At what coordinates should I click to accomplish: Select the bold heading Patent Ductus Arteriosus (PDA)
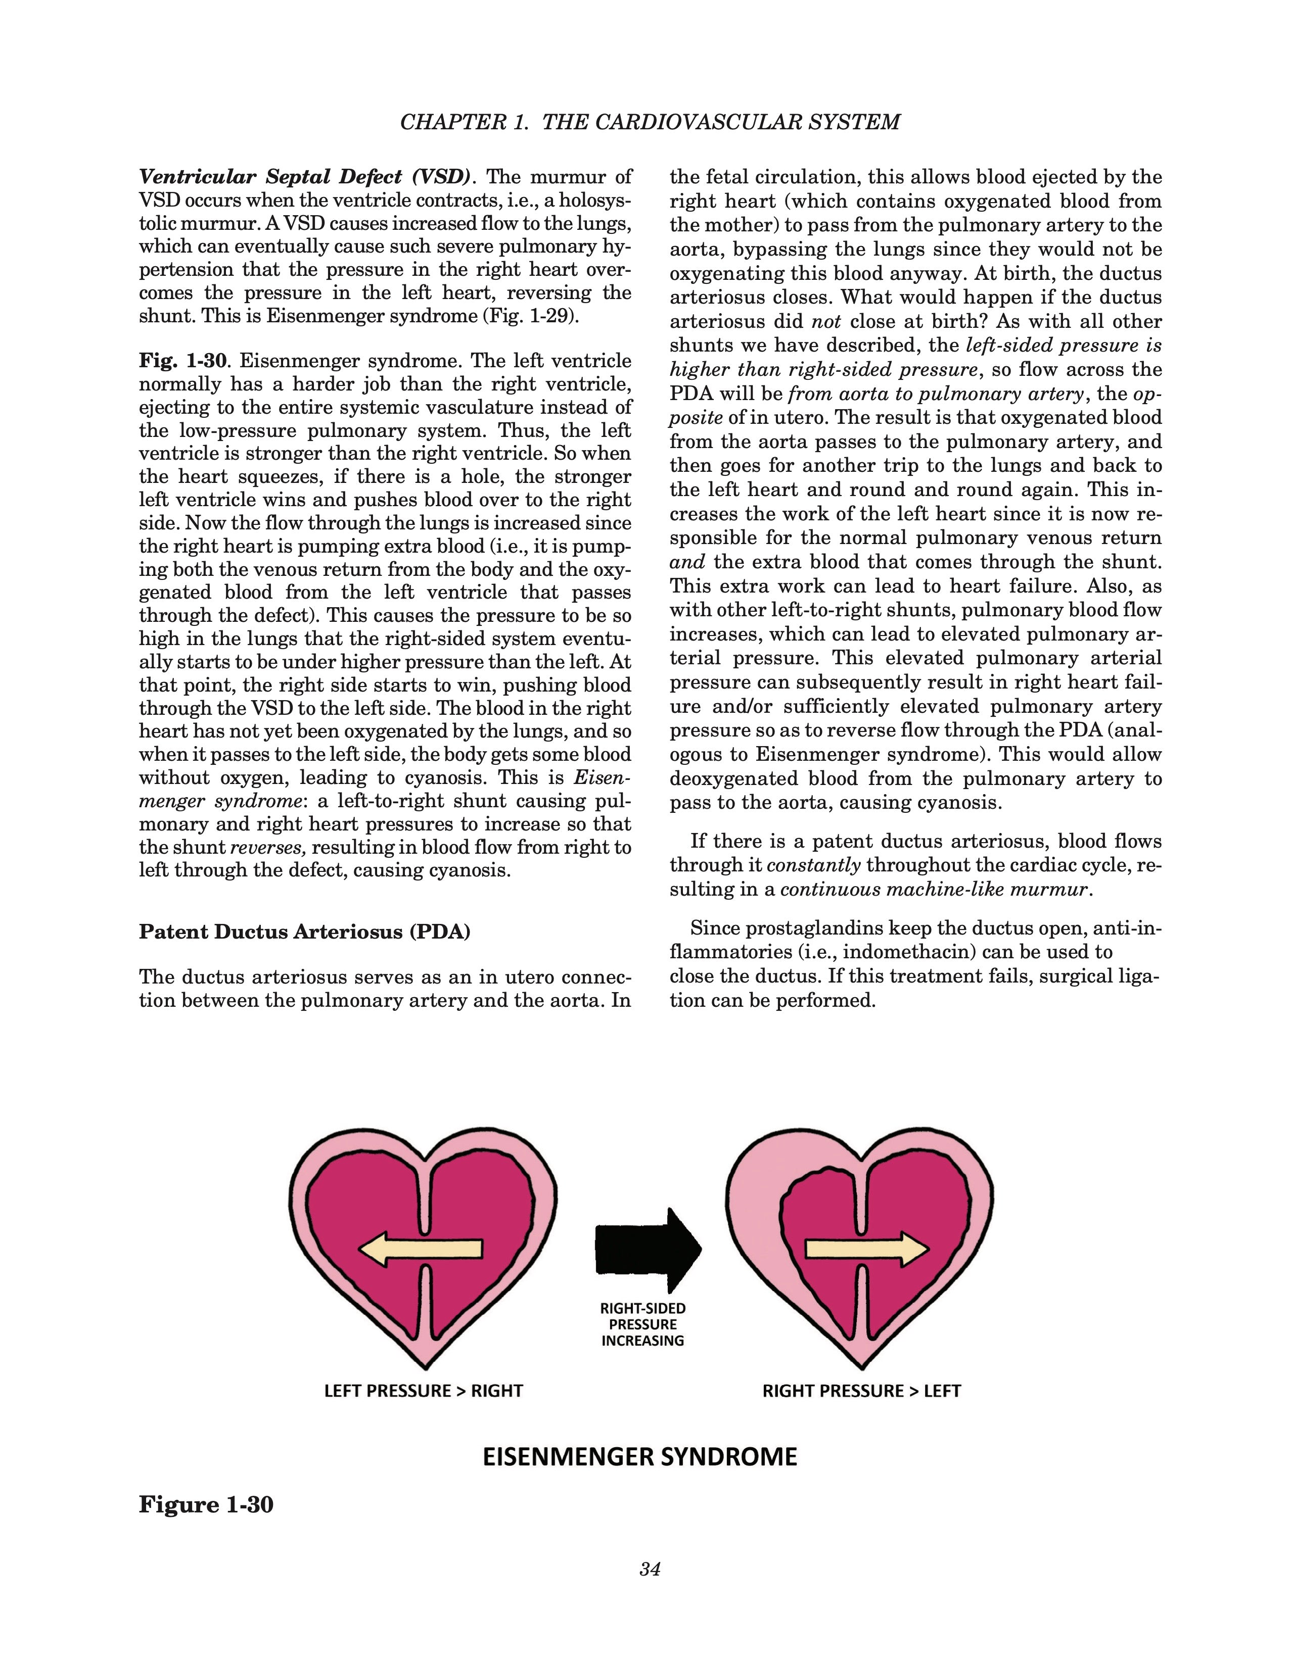pos(304,932)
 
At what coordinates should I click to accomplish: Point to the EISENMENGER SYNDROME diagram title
pos(640,1456)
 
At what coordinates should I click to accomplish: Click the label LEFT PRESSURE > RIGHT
pos(423,1391)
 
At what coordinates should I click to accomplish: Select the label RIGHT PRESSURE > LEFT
pos(861,1391)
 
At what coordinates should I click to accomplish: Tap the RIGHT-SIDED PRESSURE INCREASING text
pos(643,1325)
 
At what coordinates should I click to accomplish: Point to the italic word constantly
pos(813,865)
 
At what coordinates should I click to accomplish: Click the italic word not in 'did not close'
pos(825,321)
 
